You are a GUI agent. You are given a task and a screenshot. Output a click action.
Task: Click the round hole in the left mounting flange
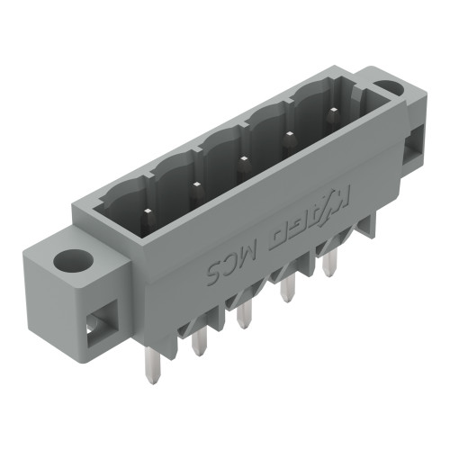click(x=69, y=262)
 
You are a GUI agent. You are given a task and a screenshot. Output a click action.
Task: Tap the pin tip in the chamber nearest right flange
click(x=334, y=112)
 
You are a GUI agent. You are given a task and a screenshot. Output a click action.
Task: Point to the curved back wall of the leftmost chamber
click(x=126, y=200)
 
